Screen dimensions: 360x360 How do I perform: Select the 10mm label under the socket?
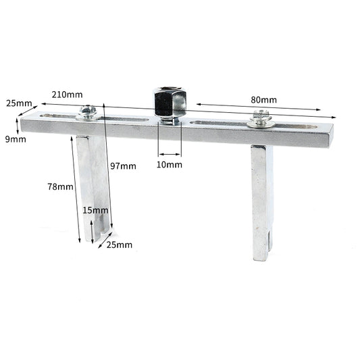point(170,164)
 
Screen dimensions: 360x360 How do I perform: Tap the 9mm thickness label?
point(16,139)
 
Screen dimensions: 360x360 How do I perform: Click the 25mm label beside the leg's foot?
point(119,244)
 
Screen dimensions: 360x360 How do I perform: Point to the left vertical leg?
point(91,182)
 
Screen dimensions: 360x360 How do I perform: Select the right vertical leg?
point(263,196)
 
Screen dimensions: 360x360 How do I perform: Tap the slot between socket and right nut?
point(216,124)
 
